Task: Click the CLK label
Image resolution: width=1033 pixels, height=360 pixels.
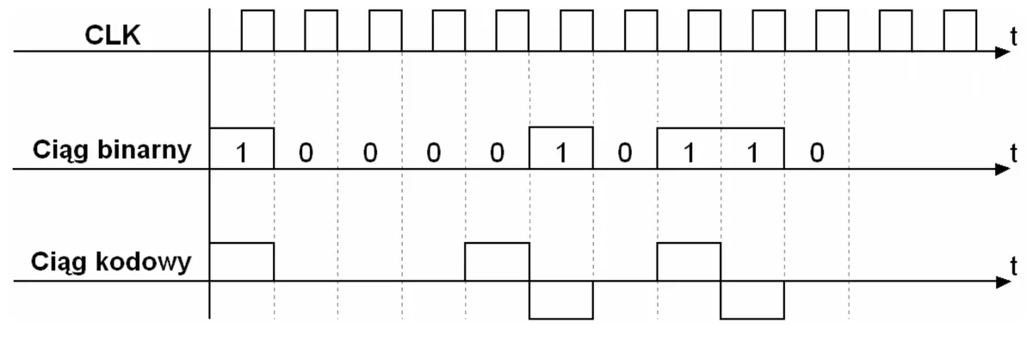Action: [113, 35]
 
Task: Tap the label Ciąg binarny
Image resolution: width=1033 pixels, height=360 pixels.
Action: [112, 151]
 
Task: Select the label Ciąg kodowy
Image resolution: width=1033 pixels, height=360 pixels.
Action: [111, 262]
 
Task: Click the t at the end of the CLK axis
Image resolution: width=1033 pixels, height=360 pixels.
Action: [1013, 36]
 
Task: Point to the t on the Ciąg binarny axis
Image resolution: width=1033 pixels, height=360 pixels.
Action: [1013, 152]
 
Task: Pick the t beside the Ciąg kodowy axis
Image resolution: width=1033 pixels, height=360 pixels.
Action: [1013, 266]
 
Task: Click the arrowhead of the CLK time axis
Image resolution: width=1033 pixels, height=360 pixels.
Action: [1003, 52]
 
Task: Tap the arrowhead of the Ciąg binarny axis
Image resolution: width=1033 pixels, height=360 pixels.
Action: [1003, 169]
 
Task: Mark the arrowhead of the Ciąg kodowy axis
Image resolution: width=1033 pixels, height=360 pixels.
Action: [1003, 282]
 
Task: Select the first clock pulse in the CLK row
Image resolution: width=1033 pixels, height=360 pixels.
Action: [257, 10]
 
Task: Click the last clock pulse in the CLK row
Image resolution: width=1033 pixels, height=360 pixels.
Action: [960, 10]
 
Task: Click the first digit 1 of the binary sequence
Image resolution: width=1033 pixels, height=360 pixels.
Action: [241, 152]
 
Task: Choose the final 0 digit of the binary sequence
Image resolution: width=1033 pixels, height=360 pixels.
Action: [817, 152]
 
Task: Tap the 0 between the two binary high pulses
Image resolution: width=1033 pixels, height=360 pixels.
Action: [625, 152]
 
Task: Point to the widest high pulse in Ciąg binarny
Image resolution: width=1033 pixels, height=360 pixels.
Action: [721, 128]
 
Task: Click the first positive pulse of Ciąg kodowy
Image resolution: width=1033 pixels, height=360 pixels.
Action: [242, 243]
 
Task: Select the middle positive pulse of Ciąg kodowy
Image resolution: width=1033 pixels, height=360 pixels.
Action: [498, 243]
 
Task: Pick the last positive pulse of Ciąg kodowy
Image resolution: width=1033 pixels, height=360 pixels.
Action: [689, 243]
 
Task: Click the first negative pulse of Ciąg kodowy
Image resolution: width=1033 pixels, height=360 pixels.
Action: [561, 318]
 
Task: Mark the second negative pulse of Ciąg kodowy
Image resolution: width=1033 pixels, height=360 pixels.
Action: [752, 318]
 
